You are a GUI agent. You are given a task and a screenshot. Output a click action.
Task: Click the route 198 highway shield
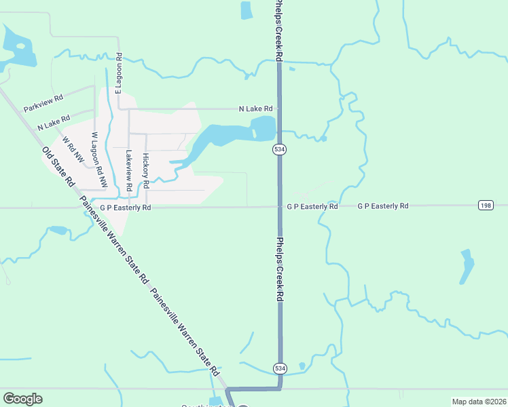(485, 206)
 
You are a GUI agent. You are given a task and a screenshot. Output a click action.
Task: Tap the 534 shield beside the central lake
(278, 149)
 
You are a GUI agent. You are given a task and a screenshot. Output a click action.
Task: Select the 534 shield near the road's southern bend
(280, 368)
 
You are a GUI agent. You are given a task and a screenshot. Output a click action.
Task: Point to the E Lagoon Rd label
(119, 73)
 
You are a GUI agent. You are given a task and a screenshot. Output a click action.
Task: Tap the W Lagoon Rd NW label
(99, 160)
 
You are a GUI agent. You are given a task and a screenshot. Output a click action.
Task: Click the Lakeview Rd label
(128, 170)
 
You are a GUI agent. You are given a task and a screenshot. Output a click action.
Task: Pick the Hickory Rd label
(145, 170)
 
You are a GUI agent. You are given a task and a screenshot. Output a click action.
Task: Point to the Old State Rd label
(58, 167)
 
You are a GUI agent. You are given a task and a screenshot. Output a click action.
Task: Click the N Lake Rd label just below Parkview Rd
(54, 123)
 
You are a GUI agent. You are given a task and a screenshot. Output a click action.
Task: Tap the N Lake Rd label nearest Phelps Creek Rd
(255, 109)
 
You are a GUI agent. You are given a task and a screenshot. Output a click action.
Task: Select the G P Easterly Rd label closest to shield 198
(383, 206)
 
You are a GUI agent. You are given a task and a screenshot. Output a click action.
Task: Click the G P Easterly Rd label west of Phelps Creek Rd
(125, 208)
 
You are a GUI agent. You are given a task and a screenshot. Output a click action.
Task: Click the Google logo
(22, 399)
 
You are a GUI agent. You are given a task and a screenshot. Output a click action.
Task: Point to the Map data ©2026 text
(479, 402)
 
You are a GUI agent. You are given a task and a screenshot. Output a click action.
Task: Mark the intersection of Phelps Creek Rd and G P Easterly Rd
(278, 206)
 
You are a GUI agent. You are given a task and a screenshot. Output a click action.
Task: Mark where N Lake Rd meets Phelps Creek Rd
(278, 108)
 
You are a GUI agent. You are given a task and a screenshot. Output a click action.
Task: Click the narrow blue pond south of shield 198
(467, 267)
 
